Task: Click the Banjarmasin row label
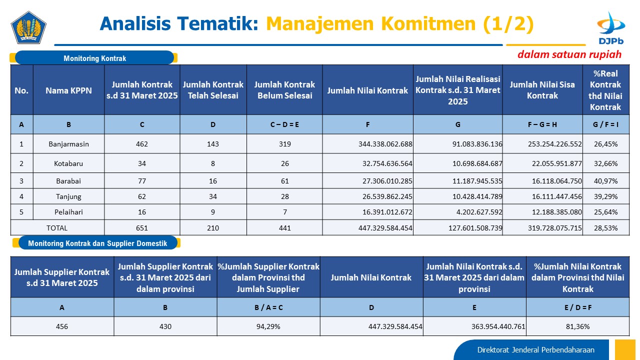click(68, 144)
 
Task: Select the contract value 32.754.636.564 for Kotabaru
click(387, 163)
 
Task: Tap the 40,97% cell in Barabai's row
click(605, 181)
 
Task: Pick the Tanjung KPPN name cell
click(68, 196)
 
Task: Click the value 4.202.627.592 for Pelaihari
click(479, 212)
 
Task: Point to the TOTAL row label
click(57, 228)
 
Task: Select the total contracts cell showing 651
click(142, 228)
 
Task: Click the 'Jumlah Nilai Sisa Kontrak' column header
click(542, 90)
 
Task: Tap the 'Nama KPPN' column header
click(68, 90)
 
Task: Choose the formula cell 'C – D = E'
click(284, 124)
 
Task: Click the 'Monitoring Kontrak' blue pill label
click(94, 58)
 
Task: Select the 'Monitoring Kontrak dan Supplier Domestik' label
click(97, 243)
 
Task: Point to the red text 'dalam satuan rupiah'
click(569, 54)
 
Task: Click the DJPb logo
click(611, 28)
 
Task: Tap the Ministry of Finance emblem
click(28, 27)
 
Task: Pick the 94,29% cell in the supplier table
click(268, 326)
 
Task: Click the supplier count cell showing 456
click(62, 326)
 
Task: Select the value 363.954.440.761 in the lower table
click(498, 326)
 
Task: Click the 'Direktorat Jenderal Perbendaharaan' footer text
click(535, 350)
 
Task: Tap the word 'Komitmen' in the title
click(428, 23)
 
